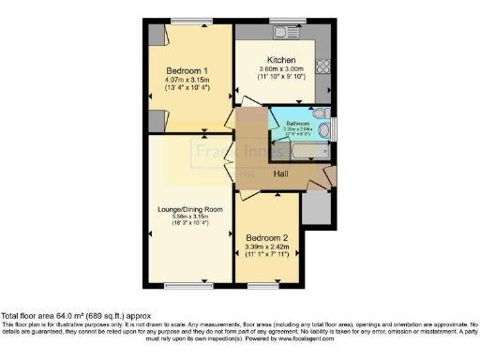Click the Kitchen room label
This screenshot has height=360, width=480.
click(x=281, y=58)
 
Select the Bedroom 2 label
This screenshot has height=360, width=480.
click(x=267, y=237)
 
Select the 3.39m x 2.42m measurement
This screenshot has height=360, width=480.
click(x=267, y=246)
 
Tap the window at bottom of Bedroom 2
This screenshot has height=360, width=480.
click(x=267, y=284)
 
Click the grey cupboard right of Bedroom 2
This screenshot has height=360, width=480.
click(x=317, y=212)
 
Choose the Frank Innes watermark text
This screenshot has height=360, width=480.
click(x=221, y=150)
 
